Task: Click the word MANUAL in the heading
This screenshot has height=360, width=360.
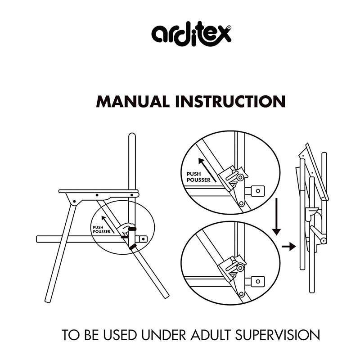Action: pyautogui.click(x=133, y=102)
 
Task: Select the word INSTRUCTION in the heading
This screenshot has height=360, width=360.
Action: pyautogui.click(x=230, y=102)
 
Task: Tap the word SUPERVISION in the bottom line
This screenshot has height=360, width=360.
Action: pyautogui.click(x=277, y=335)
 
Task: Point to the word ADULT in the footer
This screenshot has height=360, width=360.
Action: pyautogui.click(x=211, y=335)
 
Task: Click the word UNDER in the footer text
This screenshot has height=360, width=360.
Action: pyautogui.click(x=163, y=335)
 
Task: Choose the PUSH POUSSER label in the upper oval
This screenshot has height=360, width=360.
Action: pyautogui.click(x=198, y=177)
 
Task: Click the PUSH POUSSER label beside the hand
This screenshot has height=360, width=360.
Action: pyautogui.click(x=102, y=229)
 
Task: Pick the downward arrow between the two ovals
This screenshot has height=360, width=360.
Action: pyautogui.click(x=276, y=216)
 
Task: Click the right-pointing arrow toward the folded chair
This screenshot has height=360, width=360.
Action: pyautogui.click(x=289, y=247)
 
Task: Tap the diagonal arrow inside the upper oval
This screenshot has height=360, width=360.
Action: pyautogui.click(x=207, y=170)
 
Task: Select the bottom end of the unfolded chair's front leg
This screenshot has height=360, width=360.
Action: pyautogui.click(x=48, y=301)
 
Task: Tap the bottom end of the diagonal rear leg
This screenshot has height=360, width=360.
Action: pyautogui.click(x=166, y=296)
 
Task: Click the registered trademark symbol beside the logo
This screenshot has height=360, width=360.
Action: pyautogui.click(x=229, y=27)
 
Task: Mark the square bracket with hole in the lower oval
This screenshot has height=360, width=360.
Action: pyautogui.click(x=257, y=281)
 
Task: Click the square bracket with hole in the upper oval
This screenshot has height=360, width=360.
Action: pyautogui.click(x=257, y=191)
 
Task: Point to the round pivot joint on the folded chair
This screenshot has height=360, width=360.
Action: pyautogui.click(x=324, y=241)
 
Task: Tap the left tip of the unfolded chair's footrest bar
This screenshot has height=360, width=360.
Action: pyautogui.click(x=37, y=239)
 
